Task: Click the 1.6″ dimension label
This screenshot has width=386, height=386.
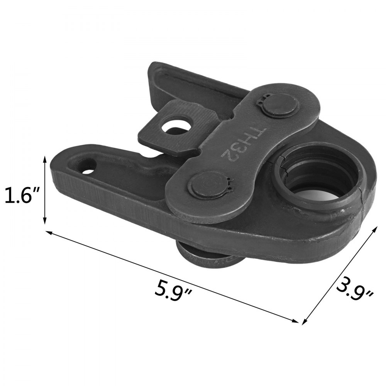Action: tap(23, 196)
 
